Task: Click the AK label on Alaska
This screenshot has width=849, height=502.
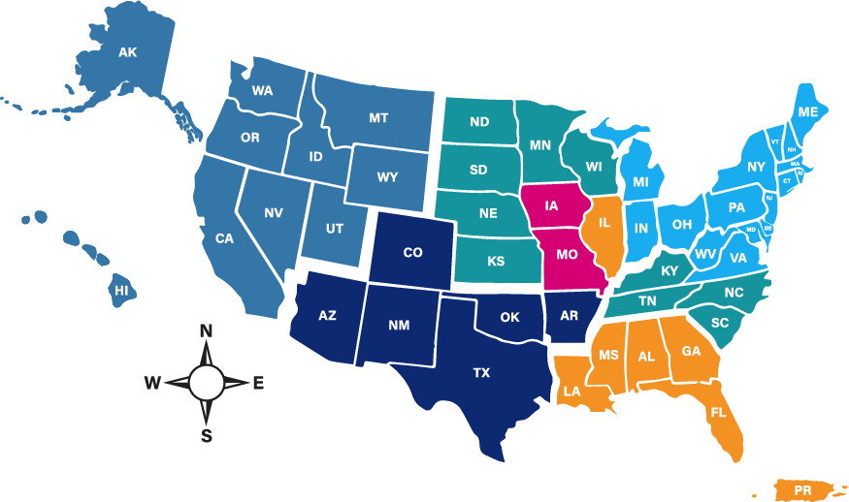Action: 128,52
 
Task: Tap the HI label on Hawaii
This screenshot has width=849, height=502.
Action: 122,290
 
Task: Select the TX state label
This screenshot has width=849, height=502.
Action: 481,372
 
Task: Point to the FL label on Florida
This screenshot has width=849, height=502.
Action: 718,412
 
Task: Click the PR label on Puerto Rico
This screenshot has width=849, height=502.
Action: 802,491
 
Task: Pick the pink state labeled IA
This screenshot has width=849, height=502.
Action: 552,206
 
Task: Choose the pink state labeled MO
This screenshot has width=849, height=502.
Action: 568,256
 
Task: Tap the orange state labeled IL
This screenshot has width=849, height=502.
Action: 604,224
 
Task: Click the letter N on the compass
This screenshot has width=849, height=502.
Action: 206,331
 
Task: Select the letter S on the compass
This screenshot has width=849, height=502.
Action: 207,435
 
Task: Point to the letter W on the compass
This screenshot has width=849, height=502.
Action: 152,384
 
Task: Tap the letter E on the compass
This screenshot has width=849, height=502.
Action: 258,384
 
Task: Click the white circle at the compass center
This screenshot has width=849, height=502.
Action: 206,383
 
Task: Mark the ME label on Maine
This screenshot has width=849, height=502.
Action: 807,112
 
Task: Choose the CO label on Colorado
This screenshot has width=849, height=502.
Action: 412,253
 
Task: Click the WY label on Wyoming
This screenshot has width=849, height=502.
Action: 387,177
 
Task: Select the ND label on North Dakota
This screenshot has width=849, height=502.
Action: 479,122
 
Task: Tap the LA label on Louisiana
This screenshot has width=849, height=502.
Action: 571,392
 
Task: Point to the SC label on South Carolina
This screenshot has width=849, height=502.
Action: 720,323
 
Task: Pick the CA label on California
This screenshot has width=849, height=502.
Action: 224,238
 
